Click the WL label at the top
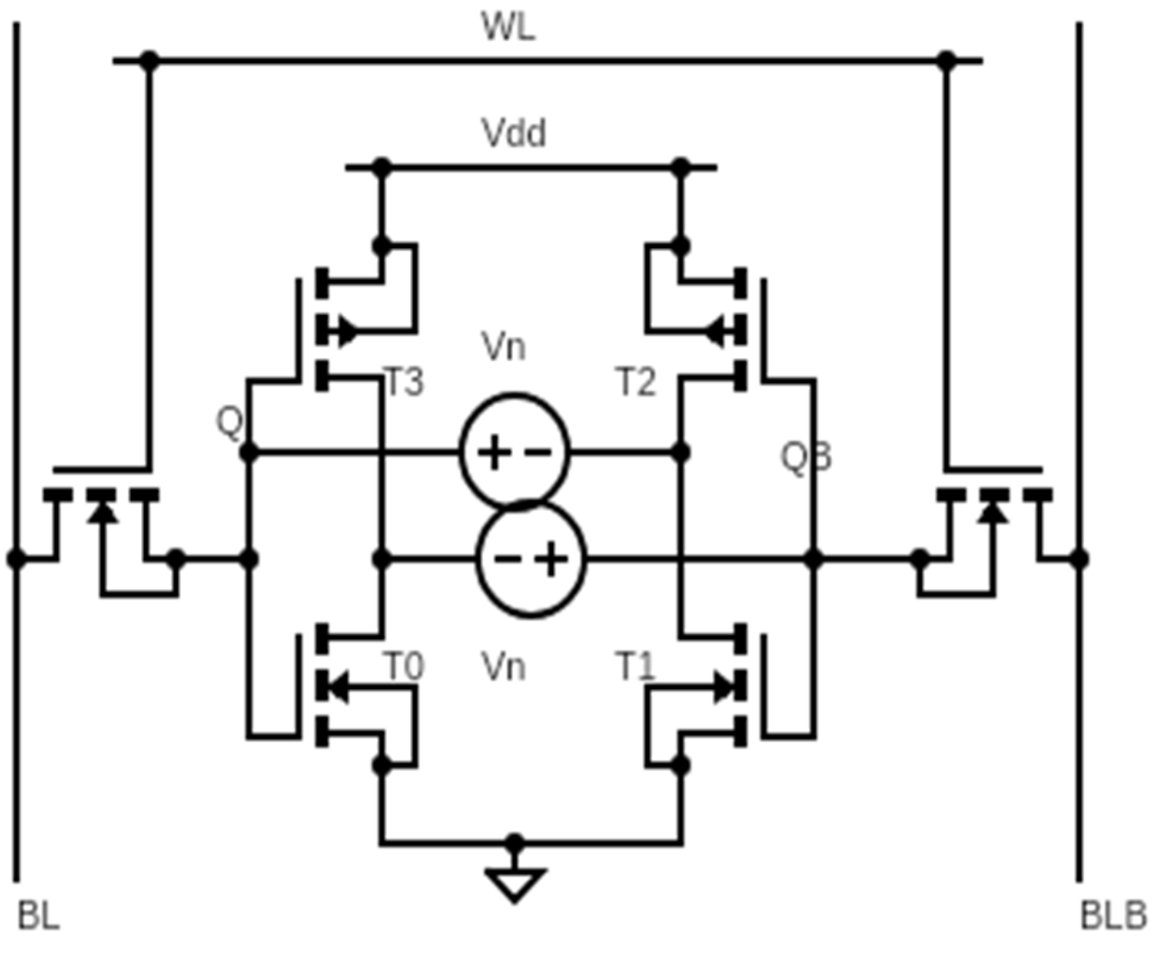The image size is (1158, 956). click(x=508, y=28)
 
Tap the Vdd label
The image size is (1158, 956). click(x=513, y=133)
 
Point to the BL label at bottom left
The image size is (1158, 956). click(x=38, y=915)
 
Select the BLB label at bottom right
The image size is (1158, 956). click(x=1113, y=915)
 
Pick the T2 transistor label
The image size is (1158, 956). click(x=636, y=382)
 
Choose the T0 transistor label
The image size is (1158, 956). click(x=403, y=667)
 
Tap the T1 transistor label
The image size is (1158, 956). click(x=636, y=667)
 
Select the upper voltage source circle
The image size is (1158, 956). click(x=514, y=451)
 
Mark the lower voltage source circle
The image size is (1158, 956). click(x=530, y=560)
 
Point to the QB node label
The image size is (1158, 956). click(x=806, y=457)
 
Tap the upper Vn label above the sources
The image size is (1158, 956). click(x=503, y=346)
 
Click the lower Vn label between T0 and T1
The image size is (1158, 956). click(x=503, y=667)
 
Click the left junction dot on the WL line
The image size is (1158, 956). click(x=150, y=60)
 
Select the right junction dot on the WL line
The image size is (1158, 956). click(x=946, y=60)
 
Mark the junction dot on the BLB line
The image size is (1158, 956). click(x=1079, y=559)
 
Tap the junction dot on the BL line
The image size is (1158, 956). click(x=16, y=559)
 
